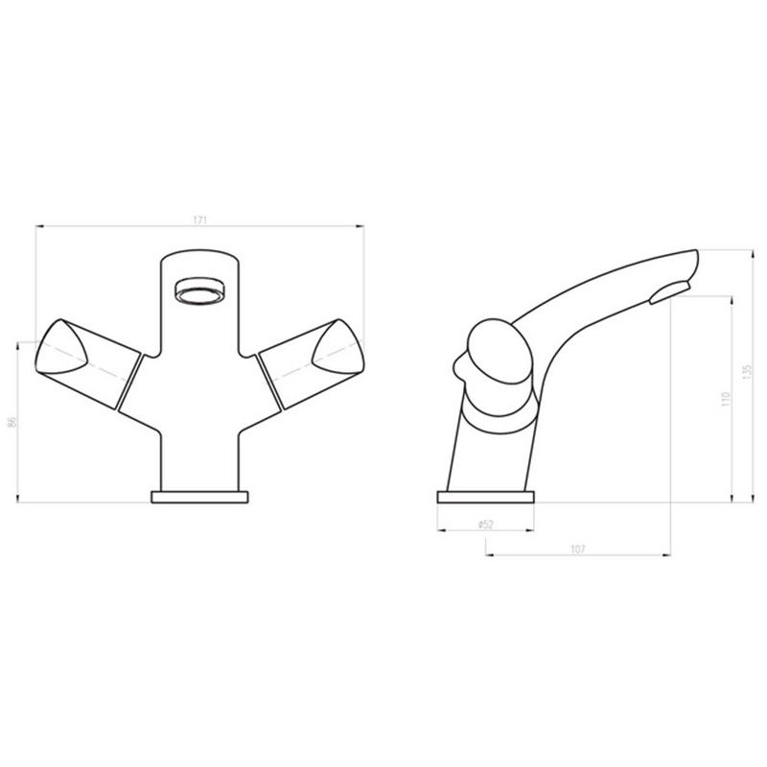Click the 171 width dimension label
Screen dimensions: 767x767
200,221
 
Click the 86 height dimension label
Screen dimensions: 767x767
12,422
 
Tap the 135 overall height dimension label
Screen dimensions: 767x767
746,372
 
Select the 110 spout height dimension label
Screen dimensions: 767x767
726,399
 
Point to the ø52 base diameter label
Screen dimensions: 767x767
486,524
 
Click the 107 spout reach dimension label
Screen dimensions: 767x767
578,549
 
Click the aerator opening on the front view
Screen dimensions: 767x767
200,291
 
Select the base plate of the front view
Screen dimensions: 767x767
199,497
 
